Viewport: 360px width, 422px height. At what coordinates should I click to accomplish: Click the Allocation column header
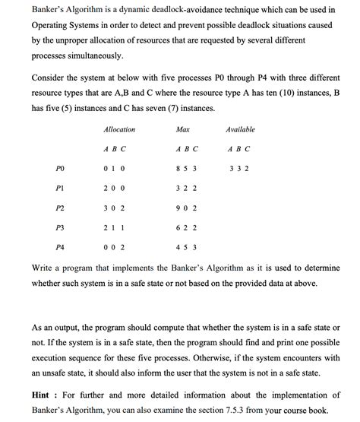[119, 130]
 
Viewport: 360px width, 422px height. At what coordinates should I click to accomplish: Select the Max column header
[182, 130]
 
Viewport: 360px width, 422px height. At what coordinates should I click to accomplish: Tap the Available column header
[240, 130]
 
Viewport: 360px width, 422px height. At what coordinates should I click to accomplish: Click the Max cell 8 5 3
[186, 167]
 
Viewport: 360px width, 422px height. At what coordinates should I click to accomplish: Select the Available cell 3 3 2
[238, 167]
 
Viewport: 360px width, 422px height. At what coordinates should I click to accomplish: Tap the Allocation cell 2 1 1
[114, 227]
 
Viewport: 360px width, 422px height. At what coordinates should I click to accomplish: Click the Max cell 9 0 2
[186, 207]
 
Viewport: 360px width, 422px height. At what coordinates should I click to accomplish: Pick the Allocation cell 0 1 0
[114, 167]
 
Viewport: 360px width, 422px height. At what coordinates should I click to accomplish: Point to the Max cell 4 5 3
[186, 247]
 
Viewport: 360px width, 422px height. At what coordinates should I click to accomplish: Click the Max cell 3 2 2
[186, 187]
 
